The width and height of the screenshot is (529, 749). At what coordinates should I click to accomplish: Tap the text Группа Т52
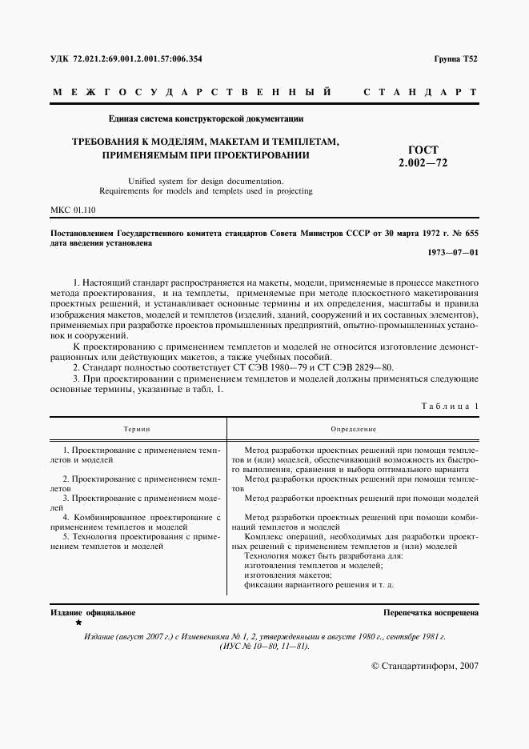456,59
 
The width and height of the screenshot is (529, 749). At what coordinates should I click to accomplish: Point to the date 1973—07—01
453,253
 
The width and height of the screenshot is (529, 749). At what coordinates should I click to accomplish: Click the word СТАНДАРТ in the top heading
420,93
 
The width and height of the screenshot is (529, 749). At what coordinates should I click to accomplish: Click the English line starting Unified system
206,181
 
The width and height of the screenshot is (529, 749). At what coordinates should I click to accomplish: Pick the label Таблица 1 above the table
450,406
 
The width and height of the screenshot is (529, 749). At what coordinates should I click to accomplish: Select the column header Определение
353,430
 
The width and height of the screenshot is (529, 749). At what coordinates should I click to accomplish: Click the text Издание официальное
93,613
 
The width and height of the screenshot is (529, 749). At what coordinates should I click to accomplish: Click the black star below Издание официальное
78,622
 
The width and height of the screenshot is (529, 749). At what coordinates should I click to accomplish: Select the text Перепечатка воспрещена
431,613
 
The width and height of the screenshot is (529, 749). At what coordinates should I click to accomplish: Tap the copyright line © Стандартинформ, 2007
425,666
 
